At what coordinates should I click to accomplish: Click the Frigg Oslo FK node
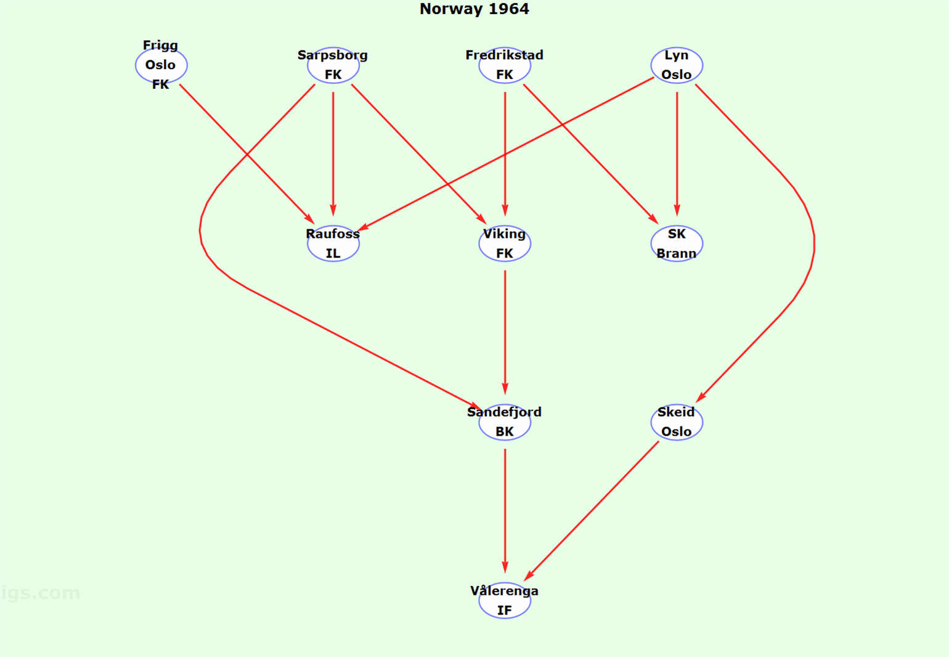click(161, 65)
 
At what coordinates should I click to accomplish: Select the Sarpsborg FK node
click(333, 65)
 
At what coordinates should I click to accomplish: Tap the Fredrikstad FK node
click(505, 65)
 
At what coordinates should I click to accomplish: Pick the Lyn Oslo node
click(677, 65)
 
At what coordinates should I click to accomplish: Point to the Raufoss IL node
click(333, 243)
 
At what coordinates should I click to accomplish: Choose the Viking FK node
click(505, 243)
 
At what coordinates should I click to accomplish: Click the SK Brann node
click(677, 243)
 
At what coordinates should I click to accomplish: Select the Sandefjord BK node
click(505, 422)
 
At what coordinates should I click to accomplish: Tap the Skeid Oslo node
click(677, 422)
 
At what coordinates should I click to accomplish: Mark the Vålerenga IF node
click(505, 600)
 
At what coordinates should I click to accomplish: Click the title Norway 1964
click(474, 9)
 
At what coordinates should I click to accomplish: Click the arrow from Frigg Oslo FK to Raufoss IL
click(246, 153)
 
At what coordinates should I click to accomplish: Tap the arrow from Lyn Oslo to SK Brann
click(677, 153)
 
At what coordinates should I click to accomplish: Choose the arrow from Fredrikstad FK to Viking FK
click(505, 153)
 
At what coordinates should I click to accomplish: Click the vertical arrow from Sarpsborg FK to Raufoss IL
click(333, 153)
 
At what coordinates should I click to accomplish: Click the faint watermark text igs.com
click(41, 593)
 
